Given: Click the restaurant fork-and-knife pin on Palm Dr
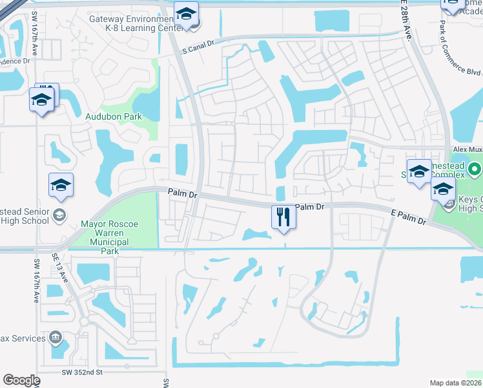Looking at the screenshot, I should click(x=283, y=215).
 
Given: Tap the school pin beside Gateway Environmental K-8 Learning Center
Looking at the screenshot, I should click(x=186, y=14).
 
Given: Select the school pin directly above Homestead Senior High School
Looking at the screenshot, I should click(x=61, y=185).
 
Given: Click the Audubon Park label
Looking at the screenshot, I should click(x=114, y=116).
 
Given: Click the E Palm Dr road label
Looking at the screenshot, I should click(x=409, y=217).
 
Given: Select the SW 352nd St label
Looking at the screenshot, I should click(x=83, y=372).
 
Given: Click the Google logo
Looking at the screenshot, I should click(x=21, y=380).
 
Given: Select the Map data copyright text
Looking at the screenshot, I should click(x=456, y=383).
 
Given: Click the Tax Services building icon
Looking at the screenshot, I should click(x=56, y=338).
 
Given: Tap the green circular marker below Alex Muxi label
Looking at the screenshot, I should click(x=475, y=170).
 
